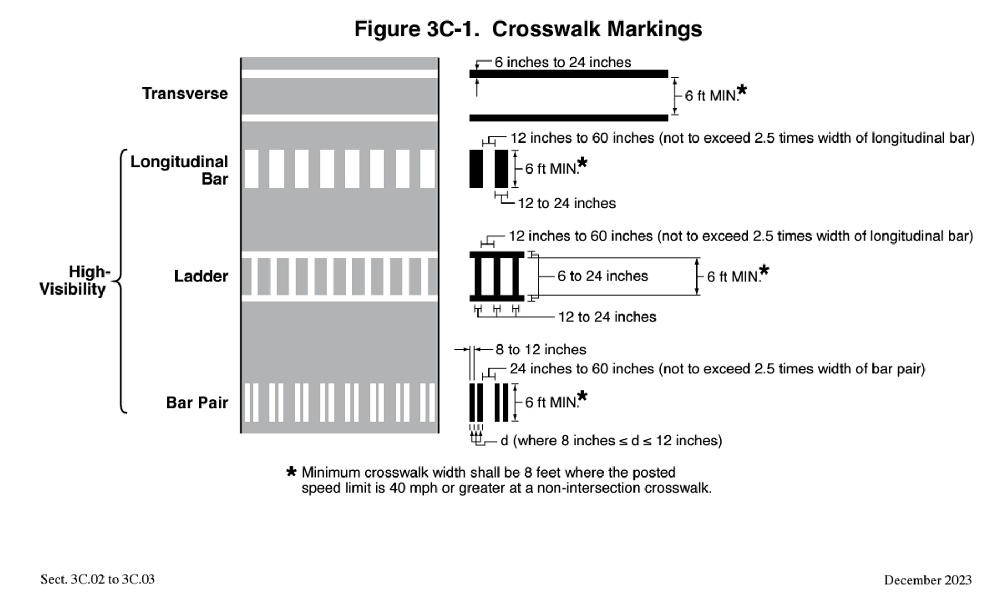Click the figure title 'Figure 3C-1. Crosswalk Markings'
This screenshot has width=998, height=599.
pyautogui.click(x=527, y=29)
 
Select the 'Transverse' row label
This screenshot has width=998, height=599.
pyautogui.click(x=185, y=94)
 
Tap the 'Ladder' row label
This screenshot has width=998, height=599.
pyautogui.click(x=201, y=276)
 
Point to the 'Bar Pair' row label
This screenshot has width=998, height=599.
pyautogui.click(x=197, y=402)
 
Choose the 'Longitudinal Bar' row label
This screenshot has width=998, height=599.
pyautogui.click(x=179, y=170)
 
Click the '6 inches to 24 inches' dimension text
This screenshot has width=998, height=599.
pyautogui.click(x=563, y=62)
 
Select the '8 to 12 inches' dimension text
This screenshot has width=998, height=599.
pyautogui.click(x=540, y=350)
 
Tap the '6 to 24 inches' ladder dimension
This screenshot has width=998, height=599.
pyautogui.click(x=602, y=276)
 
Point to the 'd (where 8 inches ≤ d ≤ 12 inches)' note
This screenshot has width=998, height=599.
pyautogui.click(x=611, y=441)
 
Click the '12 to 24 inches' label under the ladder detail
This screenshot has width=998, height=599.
pyautogui.click(x=607, y=317)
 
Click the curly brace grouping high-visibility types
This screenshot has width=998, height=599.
pyautogui.click(x=121, y=281)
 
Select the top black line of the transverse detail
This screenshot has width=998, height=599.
pyautogui.click(x=568, y=74)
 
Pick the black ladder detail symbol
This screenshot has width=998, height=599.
pyautogui.click(x=496, y=276)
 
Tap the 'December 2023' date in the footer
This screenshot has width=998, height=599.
pyautogui.click(x=927, y=580)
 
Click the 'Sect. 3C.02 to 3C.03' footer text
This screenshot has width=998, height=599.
pyautogui.click(x=98, y=580)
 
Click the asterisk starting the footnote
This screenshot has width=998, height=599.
pyautogui.click(x=291, y=472)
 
